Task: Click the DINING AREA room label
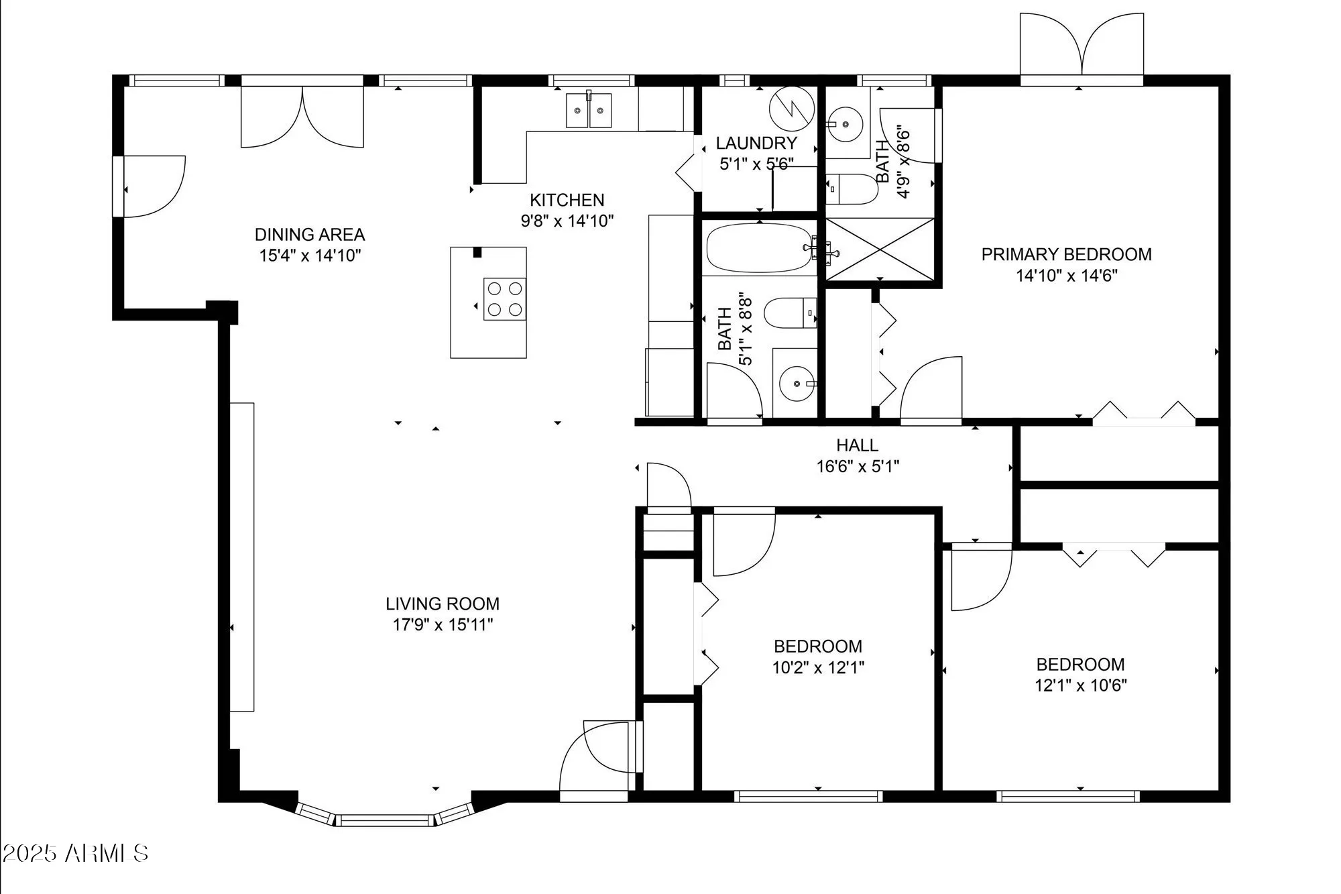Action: click(x=310, y=235)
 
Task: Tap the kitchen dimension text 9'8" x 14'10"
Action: click(x=567, y=221)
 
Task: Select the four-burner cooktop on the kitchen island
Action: click(x=505, y=299)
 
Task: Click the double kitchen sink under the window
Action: click(x=589, y=111)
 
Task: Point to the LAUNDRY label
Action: click(x=756, y=143)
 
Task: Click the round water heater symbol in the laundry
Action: click(x=791, y=109)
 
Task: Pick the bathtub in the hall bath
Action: click(x=759, y=248)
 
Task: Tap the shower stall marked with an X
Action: click(x=879, y=249)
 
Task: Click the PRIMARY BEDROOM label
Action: click(x=1066, y=254)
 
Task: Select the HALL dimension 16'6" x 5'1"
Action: click(x=858, y=466)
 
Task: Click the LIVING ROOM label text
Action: click(x=443, y=604)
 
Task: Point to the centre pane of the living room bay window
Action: click(x=385, y=820)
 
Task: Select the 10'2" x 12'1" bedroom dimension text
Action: click(x=818, y=667)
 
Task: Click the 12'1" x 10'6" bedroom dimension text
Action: click(x=1080, y=685)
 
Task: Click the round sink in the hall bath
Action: click(x=797, y=384)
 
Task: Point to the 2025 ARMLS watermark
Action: click(x=75, y=853)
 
